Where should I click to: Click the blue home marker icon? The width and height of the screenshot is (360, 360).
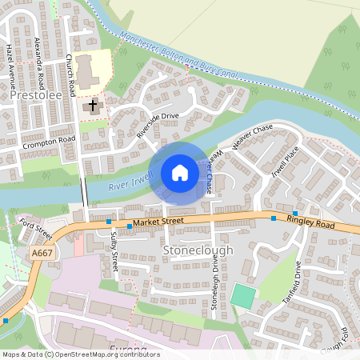click(180, 173)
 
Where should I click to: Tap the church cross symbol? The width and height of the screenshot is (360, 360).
click(92, 105)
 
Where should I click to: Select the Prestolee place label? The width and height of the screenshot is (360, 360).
click(36, 95)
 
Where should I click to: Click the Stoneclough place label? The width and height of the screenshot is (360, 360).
click(198, 250)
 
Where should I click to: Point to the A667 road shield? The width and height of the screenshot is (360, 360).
click(43, 253)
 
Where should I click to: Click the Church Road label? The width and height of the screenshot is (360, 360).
click(70, 71)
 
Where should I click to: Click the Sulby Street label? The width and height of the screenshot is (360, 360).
click(114, 250)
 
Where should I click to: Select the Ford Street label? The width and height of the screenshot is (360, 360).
click(36, 229)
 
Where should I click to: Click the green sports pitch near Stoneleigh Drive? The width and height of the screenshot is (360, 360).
click(243, 295)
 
